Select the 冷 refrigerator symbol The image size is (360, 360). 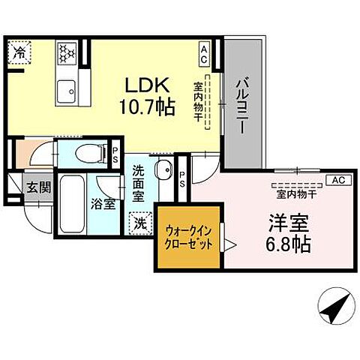click(18, 53)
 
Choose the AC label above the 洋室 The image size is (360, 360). click(337, 181)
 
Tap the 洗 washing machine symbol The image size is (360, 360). click(140, 222)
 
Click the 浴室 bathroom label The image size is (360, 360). click(103, 202)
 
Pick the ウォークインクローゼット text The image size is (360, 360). click(188, 238)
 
